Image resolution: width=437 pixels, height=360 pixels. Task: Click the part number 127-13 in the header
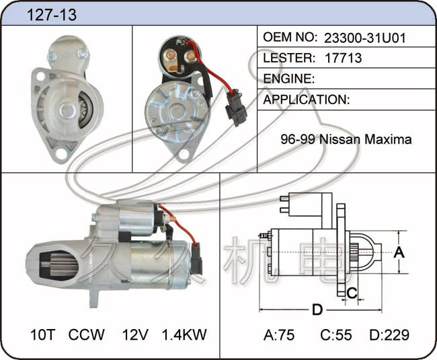click(52, 15)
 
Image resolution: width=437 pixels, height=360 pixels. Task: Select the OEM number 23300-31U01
click(365, 38)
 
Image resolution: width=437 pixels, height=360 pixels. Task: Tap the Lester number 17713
click(343, 58)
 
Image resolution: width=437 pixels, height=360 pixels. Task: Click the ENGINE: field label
click(289, 79)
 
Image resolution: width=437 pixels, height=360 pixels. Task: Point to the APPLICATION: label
click(307, 100)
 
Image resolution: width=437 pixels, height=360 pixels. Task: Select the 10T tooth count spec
click(43, 334)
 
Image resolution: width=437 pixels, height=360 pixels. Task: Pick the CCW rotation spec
click(87, 334)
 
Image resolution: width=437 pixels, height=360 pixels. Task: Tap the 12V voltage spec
click(135, 334)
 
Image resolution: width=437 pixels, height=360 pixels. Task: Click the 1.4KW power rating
click(184, 334)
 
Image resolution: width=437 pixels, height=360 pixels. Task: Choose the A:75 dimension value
click(279, 335)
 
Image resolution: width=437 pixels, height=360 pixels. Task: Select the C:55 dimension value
click(336, 335)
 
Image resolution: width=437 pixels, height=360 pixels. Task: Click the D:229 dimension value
click(389, 335)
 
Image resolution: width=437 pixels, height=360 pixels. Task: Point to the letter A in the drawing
click(399, 252)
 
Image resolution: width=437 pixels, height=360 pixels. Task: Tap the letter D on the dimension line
click(317, 310)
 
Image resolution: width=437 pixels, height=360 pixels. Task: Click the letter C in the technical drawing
click(352, 293)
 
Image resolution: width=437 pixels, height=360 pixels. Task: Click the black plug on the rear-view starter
click(236, 108)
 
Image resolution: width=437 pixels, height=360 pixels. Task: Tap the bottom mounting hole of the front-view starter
click(61, 153)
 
